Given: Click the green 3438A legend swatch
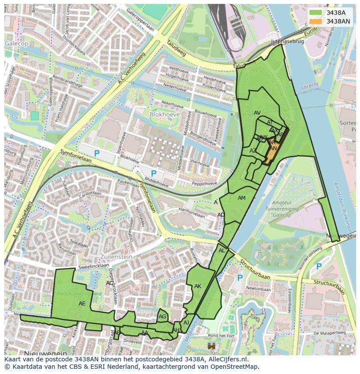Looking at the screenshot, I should tap(316, 13).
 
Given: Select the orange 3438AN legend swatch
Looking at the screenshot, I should tap(316, 21).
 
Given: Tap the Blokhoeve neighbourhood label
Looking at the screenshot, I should tap(164, 114).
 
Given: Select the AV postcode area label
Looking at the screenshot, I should tap(257, 113).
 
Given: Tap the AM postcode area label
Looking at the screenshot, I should tap(242, 198).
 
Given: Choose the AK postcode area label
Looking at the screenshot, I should tap(198, 286).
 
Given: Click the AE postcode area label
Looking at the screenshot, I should tap(82, 304).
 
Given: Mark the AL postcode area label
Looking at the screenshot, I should tap(222, 251).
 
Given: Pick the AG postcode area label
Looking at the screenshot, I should tap(162, 317).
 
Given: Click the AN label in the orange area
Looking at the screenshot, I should tap(273, 149).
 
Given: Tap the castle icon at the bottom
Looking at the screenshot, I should tap(212, 347).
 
